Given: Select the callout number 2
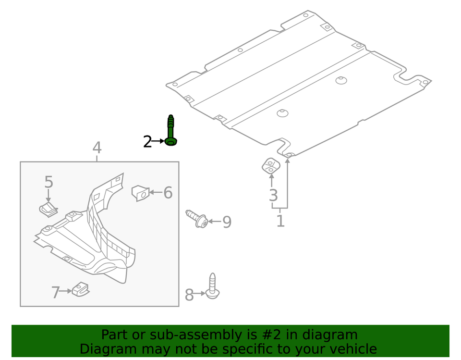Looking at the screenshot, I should (x=147, y=142).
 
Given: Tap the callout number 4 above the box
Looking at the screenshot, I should (x=97, y=148).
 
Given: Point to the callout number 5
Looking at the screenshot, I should (x=49, y=182).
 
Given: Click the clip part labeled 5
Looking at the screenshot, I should (x=47, y=210).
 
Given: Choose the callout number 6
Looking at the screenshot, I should (x=168, y=193).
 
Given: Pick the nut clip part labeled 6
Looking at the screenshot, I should (x=140, y=193).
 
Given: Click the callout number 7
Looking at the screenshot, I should (x=56, y=292).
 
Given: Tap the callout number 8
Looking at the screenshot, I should (x=189, y=295).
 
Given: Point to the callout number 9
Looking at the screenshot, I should (x=227, y=222).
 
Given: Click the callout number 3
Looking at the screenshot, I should (x=273, y=195).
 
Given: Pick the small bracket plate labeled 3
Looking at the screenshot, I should (x=270, y=166).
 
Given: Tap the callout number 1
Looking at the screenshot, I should (x=280, y=221).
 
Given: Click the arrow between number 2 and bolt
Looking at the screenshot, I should (x=158, y=142).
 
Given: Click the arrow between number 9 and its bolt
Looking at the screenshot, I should (x=214, y=222).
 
